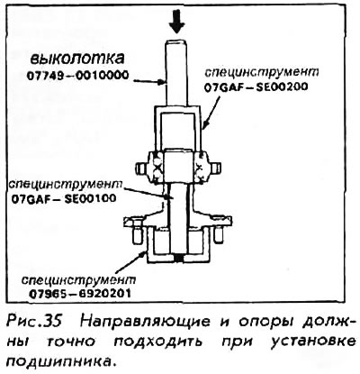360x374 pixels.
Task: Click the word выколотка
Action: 77,59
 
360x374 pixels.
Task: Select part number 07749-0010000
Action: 77,75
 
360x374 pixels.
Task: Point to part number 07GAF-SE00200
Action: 256,87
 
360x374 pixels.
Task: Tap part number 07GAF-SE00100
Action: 64,198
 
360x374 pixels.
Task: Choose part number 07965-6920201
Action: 80,293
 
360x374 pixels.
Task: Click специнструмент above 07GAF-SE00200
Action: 261,72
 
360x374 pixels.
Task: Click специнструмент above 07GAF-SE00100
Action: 66,184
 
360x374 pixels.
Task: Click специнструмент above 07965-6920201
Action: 78,279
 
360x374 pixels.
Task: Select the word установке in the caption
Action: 313,342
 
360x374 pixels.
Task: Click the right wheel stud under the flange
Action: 218,233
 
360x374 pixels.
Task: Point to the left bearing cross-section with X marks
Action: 157,167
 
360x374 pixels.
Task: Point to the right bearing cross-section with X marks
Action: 200,167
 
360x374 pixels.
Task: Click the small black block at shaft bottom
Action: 179,258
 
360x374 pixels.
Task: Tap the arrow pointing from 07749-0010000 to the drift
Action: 148,81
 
